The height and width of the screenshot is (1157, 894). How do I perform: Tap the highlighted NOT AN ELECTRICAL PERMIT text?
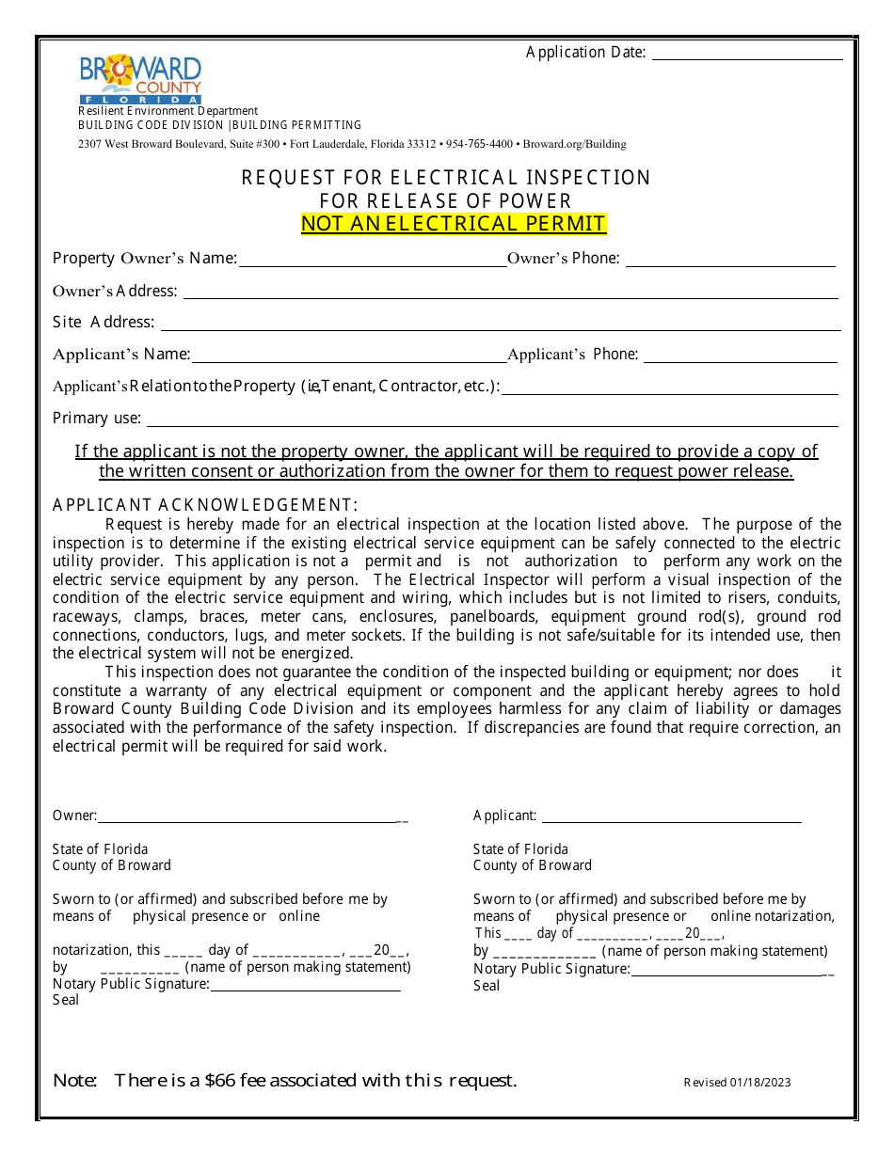[454, 224]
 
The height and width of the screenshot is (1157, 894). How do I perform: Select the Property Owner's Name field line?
[373, 263]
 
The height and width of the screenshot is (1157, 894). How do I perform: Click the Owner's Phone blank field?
[730, 263]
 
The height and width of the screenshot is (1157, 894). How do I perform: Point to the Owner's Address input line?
[510, 295]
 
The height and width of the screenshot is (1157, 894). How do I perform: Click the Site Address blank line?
[501, 327]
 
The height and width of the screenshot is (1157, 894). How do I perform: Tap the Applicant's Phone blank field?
[740, 359]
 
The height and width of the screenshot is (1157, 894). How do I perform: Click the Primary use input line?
[491, 423]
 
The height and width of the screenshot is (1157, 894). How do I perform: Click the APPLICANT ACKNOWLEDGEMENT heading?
[205, 505]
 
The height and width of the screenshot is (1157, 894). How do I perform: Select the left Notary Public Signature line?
[305, 989]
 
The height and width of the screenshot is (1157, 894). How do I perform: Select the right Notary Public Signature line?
[726, 974]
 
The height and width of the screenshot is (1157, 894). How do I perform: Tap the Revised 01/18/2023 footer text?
[737, 1083]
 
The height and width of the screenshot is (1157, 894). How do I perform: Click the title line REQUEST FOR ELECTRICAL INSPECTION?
[446, 178]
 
